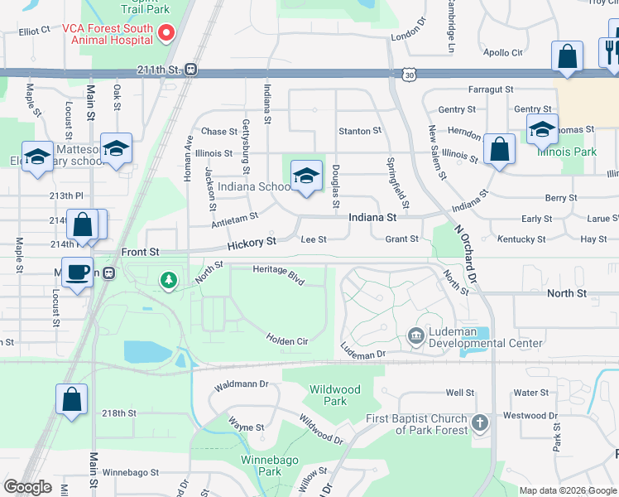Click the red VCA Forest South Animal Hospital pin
166,33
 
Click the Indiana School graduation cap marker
305,176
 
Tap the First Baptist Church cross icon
479,424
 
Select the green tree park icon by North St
169,281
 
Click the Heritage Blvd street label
279,270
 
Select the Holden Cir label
287,340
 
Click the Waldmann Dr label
242,384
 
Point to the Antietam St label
235,218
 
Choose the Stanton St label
360,131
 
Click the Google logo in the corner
27,486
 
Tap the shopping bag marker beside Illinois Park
500,149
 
